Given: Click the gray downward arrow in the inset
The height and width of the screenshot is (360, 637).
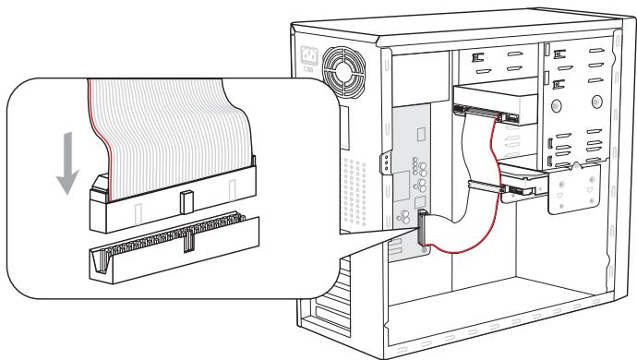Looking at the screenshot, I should (x=66, y=162).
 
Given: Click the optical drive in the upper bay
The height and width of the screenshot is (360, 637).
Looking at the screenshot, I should (x=494, y=103).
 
